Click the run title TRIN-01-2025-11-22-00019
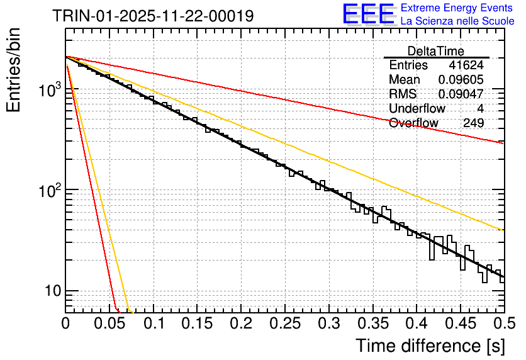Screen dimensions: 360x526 pos(154,16)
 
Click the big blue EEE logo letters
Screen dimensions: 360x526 pos(369,14)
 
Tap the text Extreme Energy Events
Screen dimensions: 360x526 pos(457,8)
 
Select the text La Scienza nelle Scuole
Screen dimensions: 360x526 pos(457,21)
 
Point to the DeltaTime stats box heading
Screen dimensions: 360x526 pos(436,51)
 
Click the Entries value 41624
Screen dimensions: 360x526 pos(466,65)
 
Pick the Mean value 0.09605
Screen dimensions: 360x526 pos(461,80)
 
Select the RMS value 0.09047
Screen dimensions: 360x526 pos(461,94)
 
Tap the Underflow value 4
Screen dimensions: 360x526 pos(481,108)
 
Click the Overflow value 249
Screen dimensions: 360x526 pos(473,123)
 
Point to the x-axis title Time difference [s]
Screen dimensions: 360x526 pos(429,346)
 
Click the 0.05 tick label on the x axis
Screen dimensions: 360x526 pos(109,323)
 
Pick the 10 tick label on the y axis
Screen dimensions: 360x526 pos(48,291)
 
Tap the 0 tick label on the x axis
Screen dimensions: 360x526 pos(65,323)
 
